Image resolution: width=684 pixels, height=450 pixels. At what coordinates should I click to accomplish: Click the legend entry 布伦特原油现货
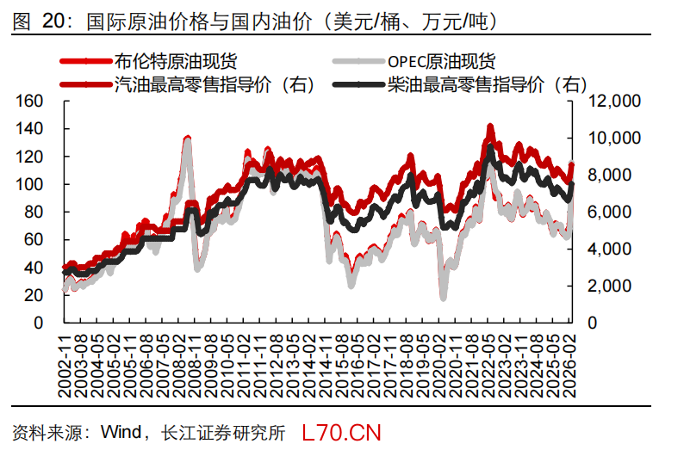pyautogui.click(x=176, y=61)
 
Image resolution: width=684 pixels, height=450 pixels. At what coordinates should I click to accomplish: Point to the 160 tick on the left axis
pyautogui.click(x=30, y=102)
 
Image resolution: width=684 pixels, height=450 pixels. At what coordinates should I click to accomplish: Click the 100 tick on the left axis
pyautogui.click(x=30, y=185)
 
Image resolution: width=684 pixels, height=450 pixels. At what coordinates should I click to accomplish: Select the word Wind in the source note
pyautogui.click(x=121, y=431)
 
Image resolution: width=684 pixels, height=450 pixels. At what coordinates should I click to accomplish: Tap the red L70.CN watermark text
pyautogui.click(x=341, y=431)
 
